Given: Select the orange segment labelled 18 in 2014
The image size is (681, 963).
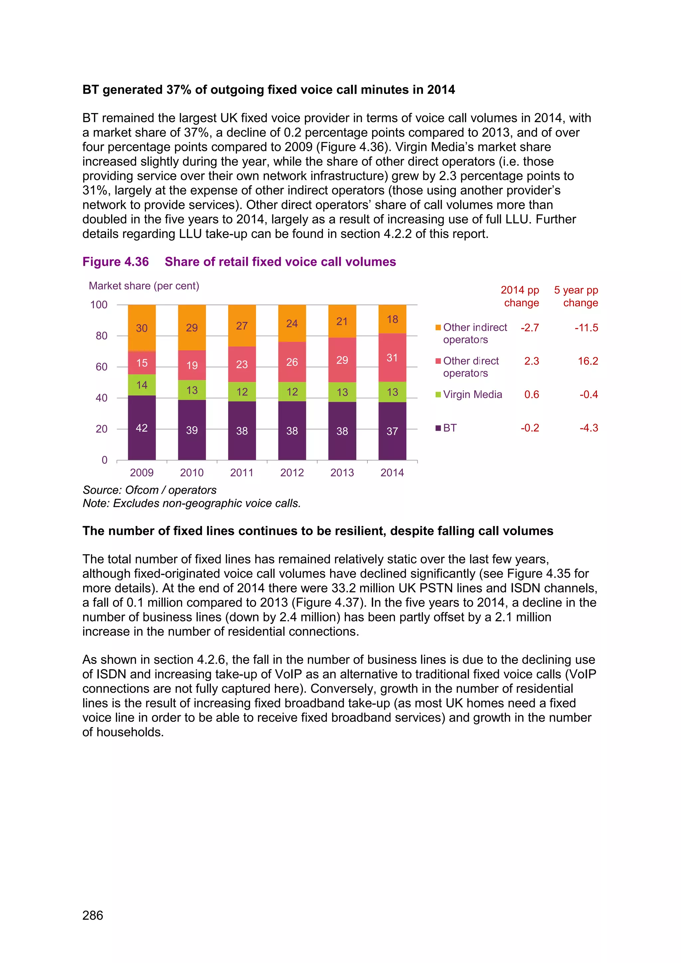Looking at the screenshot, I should (x=392, y=319).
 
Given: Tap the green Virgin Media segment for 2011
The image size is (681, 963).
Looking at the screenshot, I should (x=242, y=392).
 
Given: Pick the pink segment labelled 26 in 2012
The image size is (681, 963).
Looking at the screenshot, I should (x=292, y=362).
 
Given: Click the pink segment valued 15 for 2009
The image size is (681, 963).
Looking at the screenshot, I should (x=142, y=363).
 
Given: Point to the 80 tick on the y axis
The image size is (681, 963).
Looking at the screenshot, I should (x=101, y=336).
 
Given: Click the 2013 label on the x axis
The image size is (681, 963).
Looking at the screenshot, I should (x=342, y=473).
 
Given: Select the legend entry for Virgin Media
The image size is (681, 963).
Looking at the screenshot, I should (x=472, y=395).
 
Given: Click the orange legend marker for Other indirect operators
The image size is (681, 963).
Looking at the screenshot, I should (x=438, y=328).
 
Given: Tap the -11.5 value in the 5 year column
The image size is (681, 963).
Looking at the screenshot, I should (x=586, y=328).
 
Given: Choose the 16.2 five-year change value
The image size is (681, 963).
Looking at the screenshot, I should (x=588, y=361).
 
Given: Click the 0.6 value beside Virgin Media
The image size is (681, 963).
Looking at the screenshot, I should (x=531, y=395).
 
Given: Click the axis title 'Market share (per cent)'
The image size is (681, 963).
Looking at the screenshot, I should (x=144, y=286).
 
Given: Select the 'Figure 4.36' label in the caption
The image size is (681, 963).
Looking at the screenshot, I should (x=115, y=262).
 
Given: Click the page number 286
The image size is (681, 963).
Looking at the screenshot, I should (x=93, y=915).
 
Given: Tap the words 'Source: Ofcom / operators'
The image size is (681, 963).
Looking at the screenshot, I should (x=149, y=490).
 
